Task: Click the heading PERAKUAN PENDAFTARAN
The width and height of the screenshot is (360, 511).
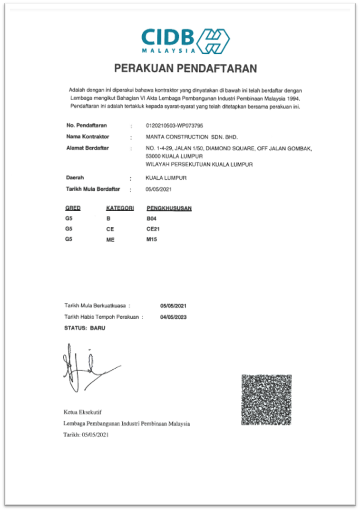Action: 185,69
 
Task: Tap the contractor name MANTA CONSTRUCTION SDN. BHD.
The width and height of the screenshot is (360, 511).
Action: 191,137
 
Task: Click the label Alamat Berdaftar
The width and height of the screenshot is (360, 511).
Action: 88,148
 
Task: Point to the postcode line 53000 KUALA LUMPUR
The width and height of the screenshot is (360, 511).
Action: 175,156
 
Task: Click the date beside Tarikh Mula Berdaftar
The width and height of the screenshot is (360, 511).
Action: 158,189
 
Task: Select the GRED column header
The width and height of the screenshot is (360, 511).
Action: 73,208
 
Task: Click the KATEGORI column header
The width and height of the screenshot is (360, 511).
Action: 119,208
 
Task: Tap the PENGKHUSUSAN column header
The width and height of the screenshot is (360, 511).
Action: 169,208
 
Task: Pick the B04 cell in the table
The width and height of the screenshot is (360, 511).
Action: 152,218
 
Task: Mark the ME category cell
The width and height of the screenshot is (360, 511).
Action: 110,239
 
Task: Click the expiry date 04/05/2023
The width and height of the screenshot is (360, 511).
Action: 174,316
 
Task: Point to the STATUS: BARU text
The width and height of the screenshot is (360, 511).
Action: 85,328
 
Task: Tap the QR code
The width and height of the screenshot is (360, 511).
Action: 266,400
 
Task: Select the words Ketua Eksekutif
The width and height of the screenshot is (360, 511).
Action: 82,412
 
